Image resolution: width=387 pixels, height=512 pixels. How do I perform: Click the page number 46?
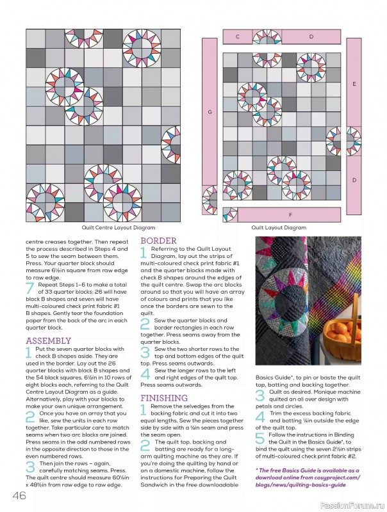tap(17, 496)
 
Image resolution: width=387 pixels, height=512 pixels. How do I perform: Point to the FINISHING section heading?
tap(164, 397)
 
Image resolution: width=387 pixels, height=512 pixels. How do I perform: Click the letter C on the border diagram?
tap(237, 37)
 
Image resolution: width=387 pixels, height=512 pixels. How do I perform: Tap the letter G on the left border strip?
tap(210, 112)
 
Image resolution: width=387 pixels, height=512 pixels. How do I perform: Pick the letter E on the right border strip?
tap(354, 84)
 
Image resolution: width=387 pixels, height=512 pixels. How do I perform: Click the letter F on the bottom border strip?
tap(290, 214)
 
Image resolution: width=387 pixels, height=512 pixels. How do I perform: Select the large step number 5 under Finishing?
tap(259, 438)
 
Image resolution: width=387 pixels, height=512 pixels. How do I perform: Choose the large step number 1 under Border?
tap(144, 253)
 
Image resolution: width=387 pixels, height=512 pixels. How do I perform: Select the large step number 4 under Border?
tap(144, 373)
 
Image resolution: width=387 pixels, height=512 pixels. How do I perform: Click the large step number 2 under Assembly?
tap(29, 417)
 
